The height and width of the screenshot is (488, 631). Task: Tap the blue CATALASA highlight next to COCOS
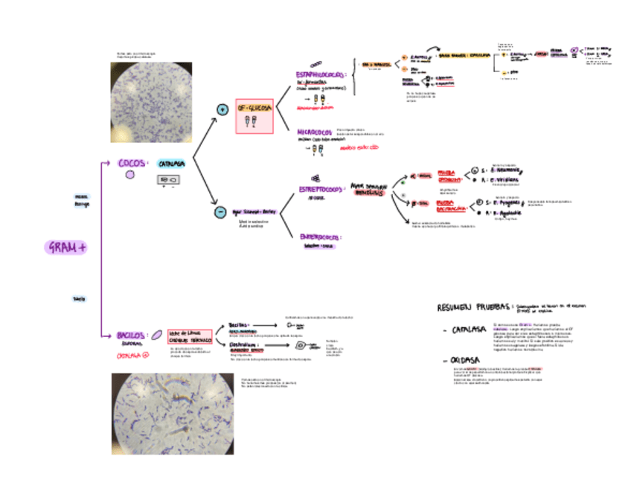(171, 164)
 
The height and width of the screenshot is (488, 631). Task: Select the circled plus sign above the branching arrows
(221, 110)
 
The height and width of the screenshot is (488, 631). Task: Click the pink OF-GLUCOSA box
(254, 116)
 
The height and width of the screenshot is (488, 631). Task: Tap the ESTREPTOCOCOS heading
(321, 190)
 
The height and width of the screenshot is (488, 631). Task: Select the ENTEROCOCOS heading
(321, 238)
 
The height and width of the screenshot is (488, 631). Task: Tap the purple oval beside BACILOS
(158, 335)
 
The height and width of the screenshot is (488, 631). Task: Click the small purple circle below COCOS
(130, 175)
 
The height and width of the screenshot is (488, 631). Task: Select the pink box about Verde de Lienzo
(190, 336)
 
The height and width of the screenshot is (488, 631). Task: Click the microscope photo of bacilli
(173, 414)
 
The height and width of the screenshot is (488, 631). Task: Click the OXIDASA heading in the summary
(464, 361)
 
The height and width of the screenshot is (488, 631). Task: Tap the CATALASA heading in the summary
(468, 330)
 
